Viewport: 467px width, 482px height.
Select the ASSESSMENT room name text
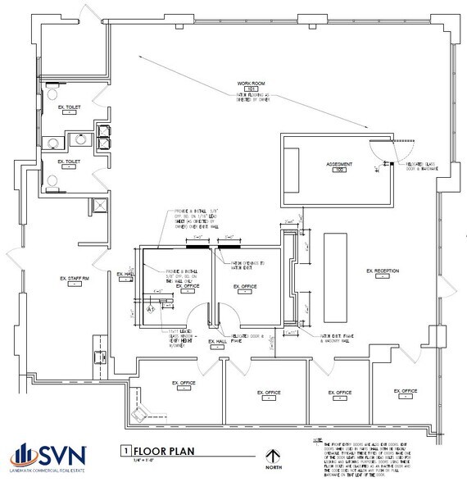(x=338, y=164)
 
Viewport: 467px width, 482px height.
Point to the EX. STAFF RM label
(x=73, y=279)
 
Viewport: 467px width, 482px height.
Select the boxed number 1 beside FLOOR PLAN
(x=125, y=450)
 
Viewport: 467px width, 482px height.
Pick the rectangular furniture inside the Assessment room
(x=294, y=168)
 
